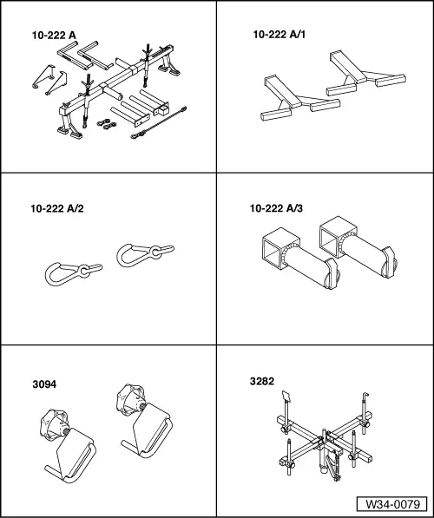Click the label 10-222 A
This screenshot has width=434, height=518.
pyautogui.click(x=54, y=36)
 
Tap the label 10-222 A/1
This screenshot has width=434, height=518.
pyautogui.click(x=279, y=35)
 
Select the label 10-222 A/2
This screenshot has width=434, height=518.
pyautogui.click(x=57, y=208)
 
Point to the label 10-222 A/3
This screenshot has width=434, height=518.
pyautogui.click(x=276, y=208)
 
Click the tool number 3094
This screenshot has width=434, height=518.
pyautogui.click(x=44, y=384)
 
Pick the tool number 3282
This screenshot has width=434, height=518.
pyautogui.click(x=262, y=381)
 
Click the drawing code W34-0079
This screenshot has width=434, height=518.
pyautogui.click(x=392, y=504)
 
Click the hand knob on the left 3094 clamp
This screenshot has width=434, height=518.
pyautogui.click(x=54, y=424)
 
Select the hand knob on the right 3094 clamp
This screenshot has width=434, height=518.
pyautogui.click(x=131, y=399)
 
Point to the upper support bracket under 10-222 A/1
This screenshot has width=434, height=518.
pyautogui.click(x=365, y=74)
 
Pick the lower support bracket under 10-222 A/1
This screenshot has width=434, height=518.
pyautogui.click(x=299, y=98)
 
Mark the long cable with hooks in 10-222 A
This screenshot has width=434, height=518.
pyautogui.click(x=159, y=122)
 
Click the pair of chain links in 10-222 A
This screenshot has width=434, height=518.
pyautogui.click(x=107, y=124)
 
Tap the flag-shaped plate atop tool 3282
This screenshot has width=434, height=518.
pyautogui.click(x=286, y=397)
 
